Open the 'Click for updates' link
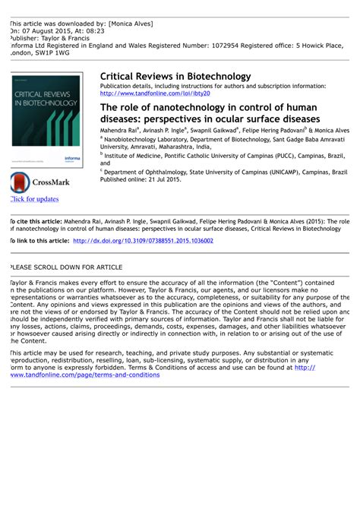click(33, 200)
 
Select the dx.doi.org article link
click(143, 240)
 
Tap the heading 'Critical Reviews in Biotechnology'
click(175, 76)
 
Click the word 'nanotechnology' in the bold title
click(171, 109)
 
